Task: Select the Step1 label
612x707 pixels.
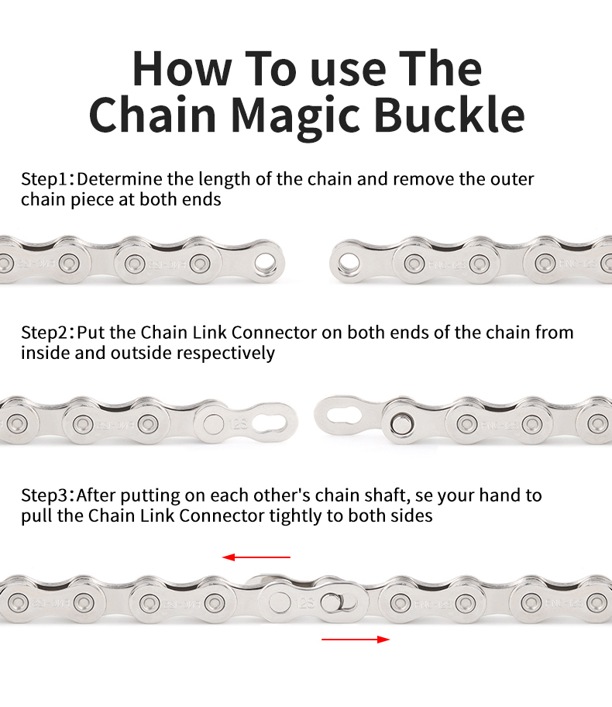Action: click(44, 180)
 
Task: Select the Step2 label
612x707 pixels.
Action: click(44, 333)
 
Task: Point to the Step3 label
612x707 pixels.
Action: click(44, 495)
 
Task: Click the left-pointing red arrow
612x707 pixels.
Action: click(256, 557)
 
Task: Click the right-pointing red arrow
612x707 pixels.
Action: click(356, 639)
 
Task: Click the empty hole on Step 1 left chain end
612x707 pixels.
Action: click(266, 262)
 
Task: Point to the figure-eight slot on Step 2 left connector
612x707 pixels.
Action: click(273, 422)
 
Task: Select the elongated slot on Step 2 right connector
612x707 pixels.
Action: click(347, 412)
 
